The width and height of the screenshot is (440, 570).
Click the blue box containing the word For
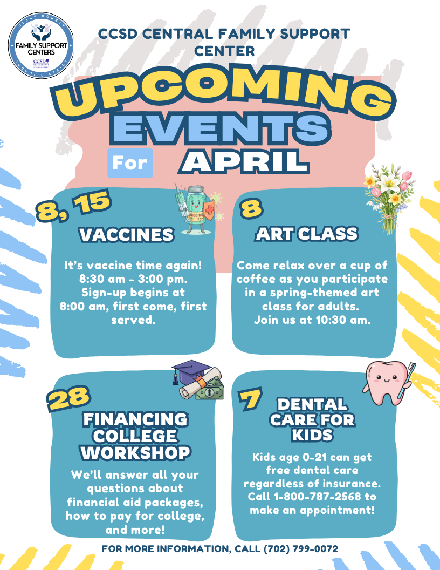[x=130, y=163]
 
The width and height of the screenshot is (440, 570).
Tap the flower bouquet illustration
[x=389, y=199]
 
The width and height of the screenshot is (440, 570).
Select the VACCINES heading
[x=127, y=234]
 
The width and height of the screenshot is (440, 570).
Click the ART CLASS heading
[x=307, y=233]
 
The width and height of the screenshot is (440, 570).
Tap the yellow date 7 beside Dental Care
[x=250, y=399]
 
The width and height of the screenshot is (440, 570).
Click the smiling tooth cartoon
[x=386, y=382]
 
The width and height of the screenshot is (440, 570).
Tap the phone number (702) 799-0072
[x=301, y=548]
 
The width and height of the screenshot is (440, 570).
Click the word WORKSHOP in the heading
[x=135, y=452]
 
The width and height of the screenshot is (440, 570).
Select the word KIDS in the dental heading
[x=312, y=435]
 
